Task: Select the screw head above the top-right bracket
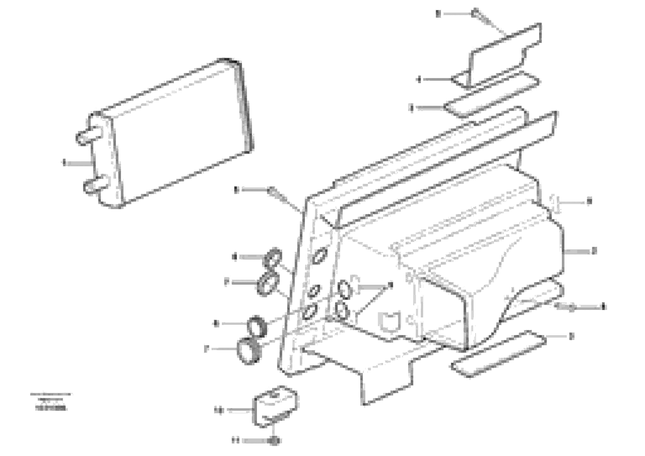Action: [475, 13]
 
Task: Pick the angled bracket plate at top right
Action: [503, 53]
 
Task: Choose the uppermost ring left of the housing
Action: [272, 257]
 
